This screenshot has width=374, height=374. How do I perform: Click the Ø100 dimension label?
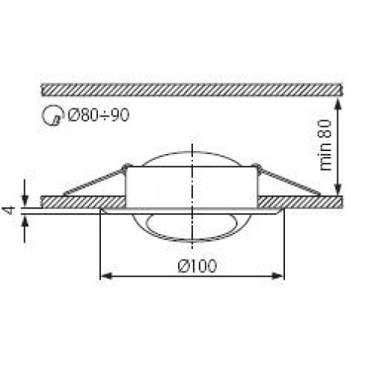pyautogui.click(x=197, y=266)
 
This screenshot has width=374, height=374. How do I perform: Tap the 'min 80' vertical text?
pyautogui.click(x=325, y=145)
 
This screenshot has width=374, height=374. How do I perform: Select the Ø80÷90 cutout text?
pyautogui.click(x=99, y=115)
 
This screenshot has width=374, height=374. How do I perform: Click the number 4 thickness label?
pyautogui.click(x=10, y=211)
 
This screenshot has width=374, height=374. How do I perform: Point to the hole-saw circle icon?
pyautogui.click(x=52, y=115)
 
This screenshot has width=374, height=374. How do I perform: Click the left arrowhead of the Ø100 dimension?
pyautogui.click(x=105, y=276)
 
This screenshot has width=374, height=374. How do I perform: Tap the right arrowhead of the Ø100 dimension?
pyautogui.click(x=278, y=276)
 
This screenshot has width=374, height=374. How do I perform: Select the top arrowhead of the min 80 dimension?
pyautogui.click(x=337, y=104)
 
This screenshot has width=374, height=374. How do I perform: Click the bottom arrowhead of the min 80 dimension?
pyautogui.click(x=337, y=190)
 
